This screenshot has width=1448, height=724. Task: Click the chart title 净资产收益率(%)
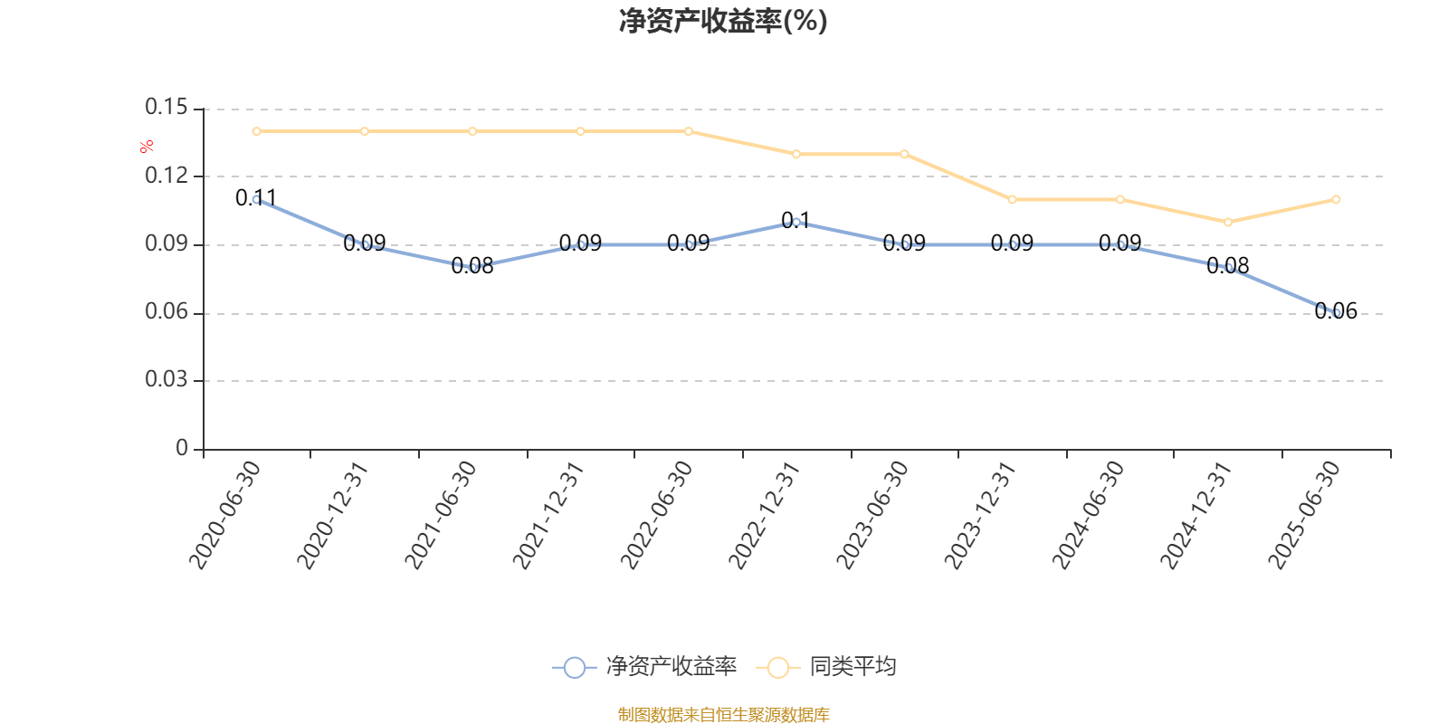722,22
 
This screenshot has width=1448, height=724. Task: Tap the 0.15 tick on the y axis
167,108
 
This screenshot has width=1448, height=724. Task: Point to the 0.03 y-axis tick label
167,379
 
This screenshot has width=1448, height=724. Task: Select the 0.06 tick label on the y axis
167,312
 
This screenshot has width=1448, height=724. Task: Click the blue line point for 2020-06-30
257,199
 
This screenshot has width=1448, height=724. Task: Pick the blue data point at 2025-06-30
1336,312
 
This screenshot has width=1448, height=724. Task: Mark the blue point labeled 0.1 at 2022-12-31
796,222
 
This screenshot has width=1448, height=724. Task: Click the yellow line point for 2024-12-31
1228,222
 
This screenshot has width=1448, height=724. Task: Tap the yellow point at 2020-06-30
257,131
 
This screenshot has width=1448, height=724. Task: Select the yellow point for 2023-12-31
1012,199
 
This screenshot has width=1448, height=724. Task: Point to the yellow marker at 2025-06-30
1336,199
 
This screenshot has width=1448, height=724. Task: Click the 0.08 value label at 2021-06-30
472,265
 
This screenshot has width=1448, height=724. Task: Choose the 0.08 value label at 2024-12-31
1228,265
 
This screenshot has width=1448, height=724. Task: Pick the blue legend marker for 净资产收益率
574,667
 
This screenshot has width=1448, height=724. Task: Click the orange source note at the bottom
723,715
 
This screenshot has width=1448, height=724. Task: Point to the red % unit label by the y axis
147,147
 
